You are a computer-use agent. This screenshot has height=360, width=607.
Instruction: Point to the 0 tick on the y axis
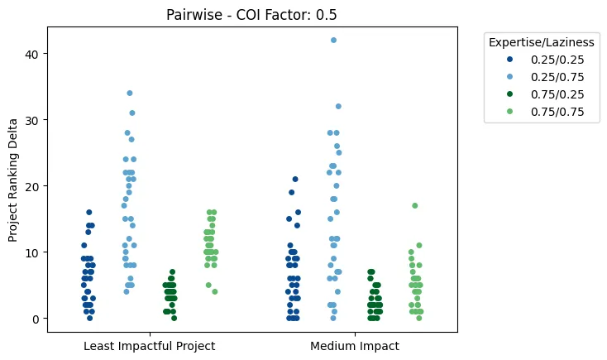pyautogui.click(x=33, y=319)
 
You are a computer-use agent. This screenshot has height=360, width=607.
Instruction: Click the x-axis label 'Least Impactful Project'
pyautogui.click(x=150, y=346)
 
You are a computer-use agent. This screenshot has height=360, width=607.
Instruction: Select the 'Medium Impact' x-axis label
pyautogui.click(x=355, y=346)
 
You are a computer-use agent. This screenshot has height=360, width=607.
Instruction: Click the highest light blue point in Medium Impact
pyautogui.click(x=333, y=40)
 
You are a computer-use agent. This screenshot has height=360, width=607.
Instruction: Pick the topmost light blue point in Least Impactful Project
pyautogui.click(x=130, y=93)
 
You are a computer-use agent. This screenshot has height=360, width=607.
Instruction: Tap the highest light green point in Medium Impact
pyautogui.click(x=415, y=205)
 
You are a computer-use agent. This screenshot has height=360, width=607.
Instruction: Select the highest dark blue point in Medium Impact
pyautogui.click(x=295, y=179)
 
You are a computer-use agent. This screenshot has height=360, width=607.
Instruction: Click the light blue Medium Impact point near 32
pyautogui.click(x=338, y=106)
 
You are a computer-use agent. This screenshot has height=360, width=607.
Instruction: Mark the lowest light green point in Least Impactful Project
pyautogui.click(x=215, y=291)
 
